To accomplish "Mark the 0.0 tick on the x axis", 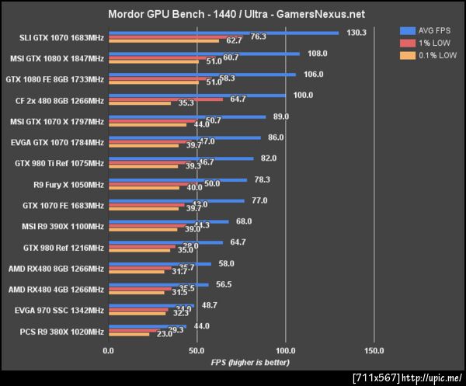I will pos(109,350).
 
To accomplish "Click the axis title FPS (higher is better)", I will pos(249,362).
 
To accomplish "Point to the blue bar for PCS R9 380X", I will pos(148,326).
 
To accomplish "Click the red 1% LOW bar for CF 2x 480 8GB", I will pos(165,99).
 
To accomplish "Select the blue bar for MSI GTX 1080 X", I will pos(204,54).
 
